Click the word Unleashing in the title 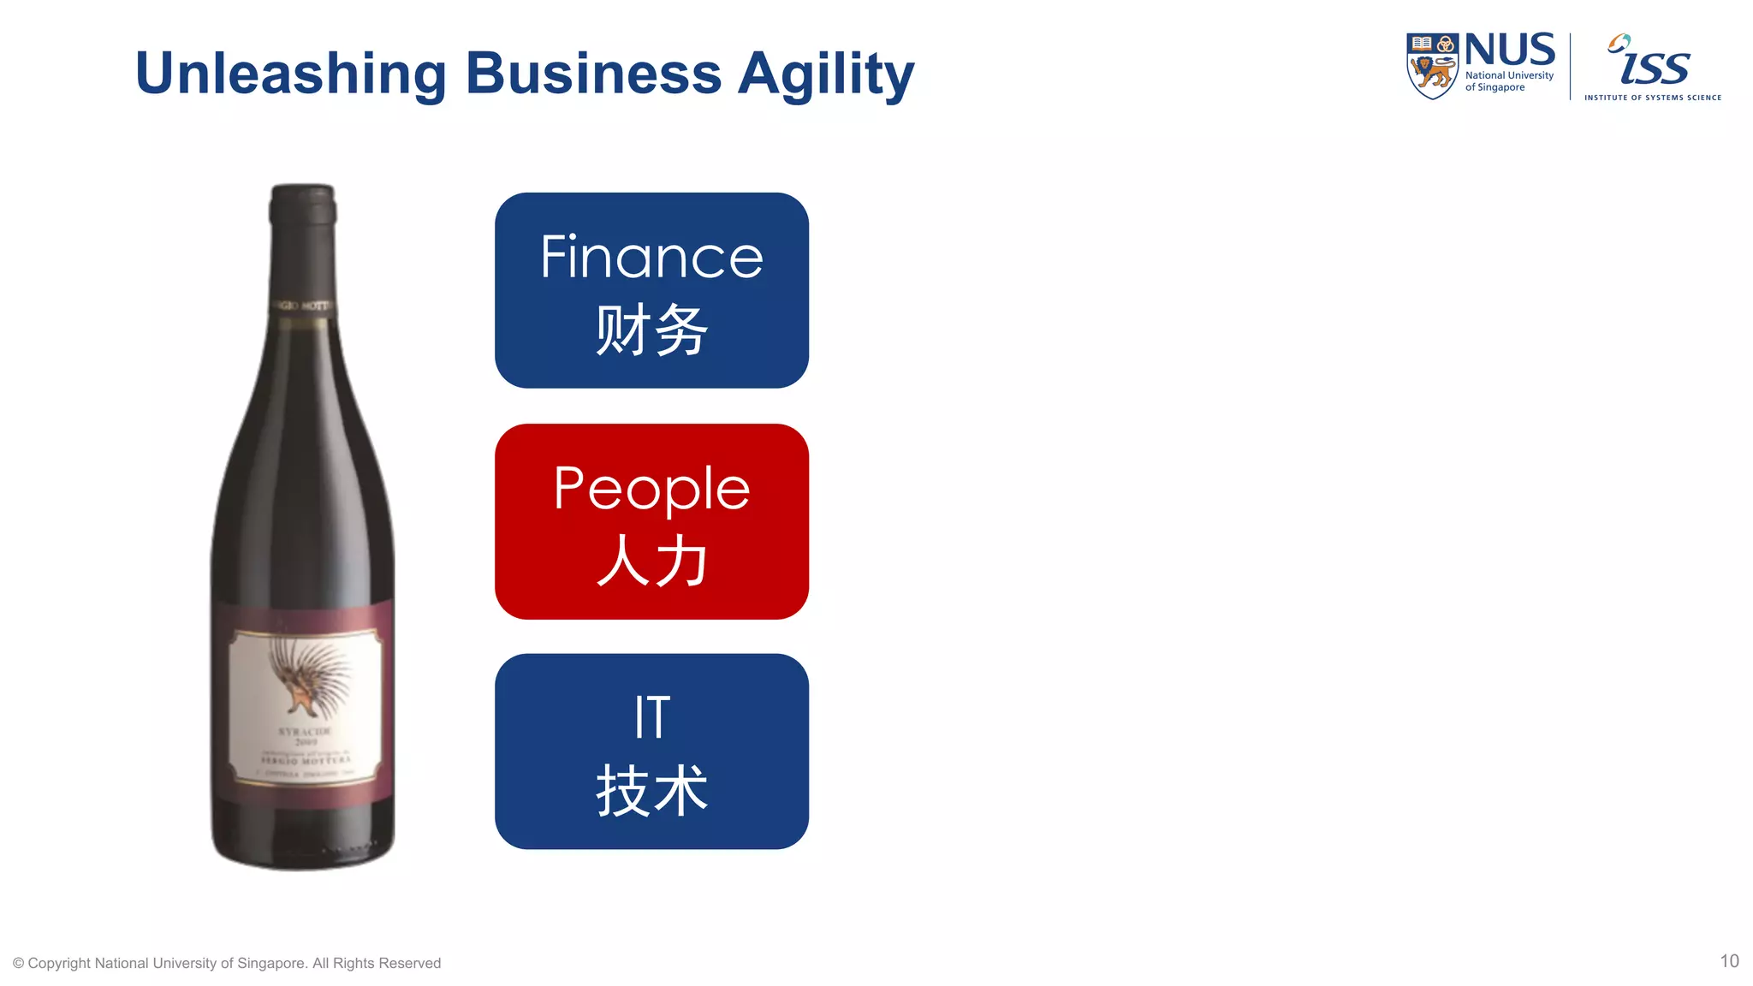[x=290, y=74]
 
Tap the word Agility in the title [x=825, y=75]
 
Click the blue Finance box [x=651, y=290]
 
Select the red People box [x=651, y=521]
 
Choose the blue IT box [x=651, y=751]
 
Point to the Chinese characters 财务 [x=651, y=330]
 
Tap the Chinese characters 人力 [x=651, y=561]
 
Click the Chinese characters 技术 [x=651, y=791]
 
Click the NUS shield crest [x=1432, y=66]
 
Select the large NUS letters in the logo [x=1510, y=50]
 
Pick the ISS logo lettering [x=1654, y=63]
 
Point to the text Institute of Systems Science [x=1652, y=98]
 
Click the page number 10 [x=1729, y=961]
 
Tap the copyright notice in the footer [x=227, y=963]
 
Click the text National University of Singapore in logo [x=1509, y=81]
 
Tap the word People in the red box [x=651, y=489]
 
